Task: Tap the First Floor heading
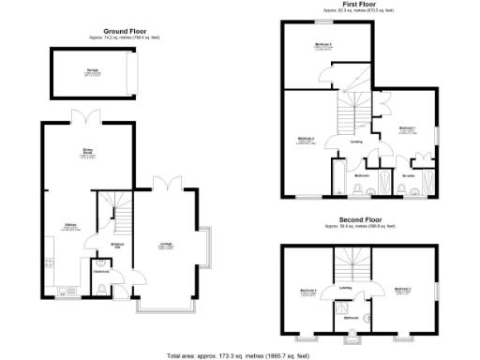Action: [355, 5]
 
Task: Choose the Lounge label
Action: [165, 246]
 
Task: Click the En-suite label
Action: [408, 175]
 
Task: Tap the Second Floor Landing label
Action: [345, 288]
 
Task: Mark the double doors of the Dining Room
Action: [84, 117]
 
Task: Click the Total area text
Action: [240, 355]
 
